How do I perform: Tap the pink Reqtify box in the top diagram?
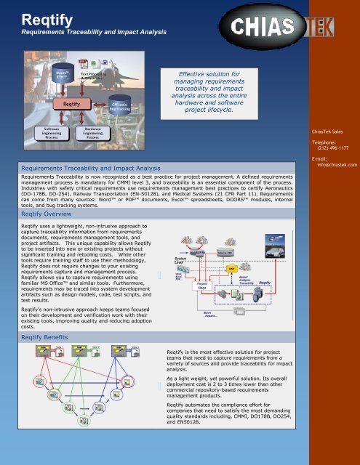[71, 104]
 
